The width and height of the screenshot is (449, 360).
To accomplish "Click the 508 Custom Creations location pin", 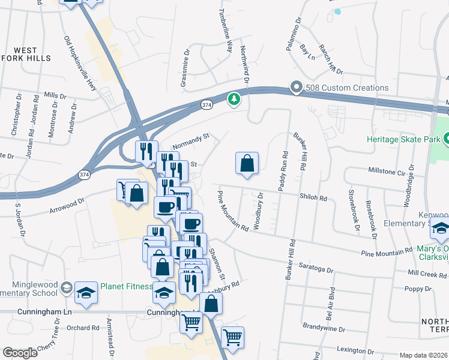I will tap(296, 88).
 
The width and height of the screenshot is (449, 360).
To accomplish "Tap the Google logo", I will tap(19, 353).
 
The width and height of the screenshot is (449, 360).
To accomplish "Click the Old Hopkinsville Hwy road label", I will tap(80, 63).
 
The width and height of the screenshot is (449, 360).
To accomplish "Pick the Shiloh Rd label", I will tap(314, 197).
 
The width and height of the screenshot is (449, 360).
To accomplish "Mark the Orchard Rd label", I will tap(83, 328).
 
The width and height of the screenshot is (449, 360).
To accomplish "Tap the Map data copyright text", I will tap(423, 355).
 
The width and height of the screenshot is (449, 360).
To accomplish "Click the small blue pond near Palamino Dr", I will tap(337, 11).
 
